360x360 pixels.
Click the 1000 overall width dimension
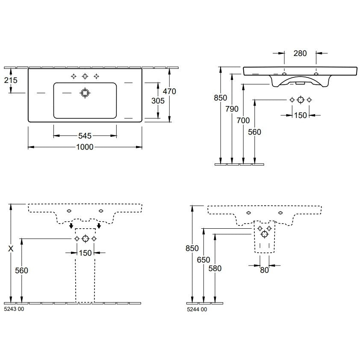click(x=85, y=147)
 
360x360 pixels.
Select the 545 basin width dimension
click(x=85, y=136)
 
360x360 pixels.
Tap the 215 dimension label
click(x=11, y=80)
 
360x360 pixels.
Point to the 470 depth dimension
click(x=169, y=91)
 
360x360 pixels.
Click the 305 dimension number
click(x=158, y=100)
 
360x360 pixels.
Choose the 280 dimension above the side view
click(x=300, y=53)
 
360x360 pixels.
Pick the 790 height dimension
click(x=232, y=109)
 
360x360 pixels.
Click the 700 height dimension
click(x=243, y=120)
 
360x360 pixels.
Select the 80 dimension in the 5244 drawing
click(x=264, y=270)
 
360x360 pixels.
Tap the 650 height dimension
click(x=204, y=260)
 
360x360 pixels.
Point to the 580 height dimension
click(x=215, y=269)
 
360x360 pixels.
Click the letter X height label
click(x=11, y=249)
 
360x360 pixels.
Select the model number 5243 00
click(x=14, y=309)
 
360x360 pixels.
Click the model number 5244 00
click(x=197, y=310)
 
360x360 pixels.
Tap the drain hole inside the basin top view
click(x=85, y=93)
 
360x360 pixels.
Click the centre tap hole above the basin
click(x=85, y=76)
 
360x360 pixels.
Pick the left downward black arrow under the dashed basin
click(x=71, y=226)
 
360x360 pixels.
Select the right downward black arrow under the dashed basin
click(x=99, y=226)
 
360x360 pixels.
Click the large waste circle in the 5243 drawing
click(x=86, y=239)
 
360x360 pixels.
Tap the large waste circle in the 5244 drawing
click(x=265, y=234)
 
